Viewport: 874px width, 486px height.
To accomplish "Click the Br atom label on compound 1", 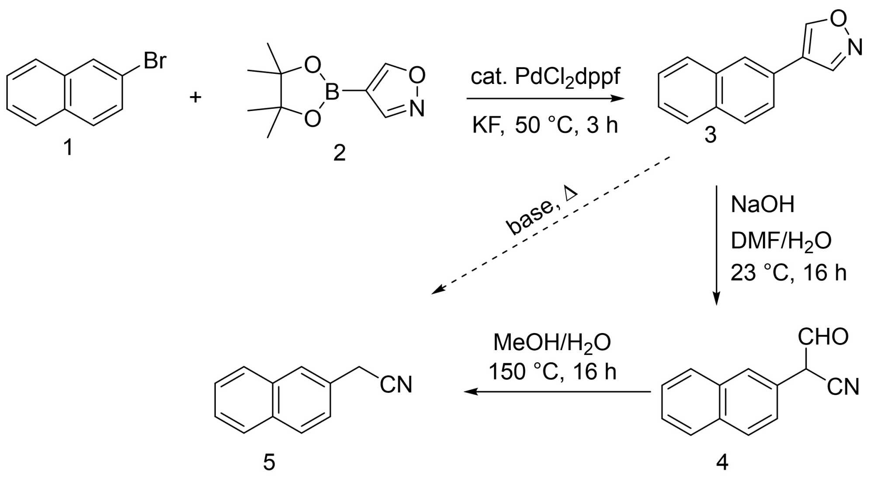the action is pos(155,61).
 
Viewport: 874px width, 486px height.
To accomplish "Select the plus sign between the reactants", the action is pos(195,97).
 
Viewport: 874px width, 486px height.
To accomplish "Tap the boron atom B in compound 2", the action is pos(332,92).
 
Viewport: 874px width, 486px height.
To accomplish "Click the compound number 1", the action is pos(68,147).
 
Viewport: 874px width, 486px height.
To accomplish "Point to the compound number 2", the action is pos(339,153).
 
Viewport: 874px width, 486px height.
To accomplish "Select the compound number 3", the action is pos(711,135).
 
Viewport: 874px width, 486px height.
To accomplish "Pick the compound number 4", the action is pos(722,462).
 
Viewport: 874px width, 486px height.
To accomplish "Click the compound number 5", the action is pos(269,462).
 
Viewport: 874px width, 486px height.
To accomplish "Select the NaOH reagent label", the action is pos(763,205).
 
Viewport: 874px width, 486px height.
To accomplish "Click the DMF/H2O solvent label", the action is pos(781,241).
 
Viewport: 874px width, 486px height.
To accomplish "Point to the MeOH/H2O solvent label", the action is pos(552,343).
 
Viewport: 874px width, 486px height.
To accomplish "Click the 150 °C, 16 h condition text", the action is pos(552,372).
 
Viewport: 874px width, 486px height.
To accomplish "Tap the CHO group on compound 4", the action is pos(823,337).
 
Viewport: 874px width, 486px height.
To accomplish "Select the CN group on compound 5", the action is pos(396,385).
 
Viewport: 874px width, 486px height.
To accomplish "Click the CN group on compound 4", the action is pos(843,387).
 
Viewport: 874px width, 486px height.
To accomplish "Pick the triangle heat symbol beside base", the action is pos(570,193).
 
